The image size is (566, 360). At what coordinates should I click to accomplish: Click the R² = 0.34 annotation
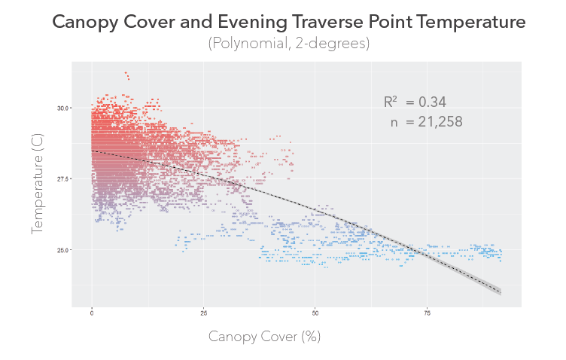(x=415, y=102)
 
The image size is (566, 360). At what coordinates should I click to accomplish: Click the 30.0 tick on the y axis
(x=63, y=108)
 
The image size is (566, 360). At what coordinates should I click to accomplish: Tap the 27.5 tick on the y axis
(x=63, y=178)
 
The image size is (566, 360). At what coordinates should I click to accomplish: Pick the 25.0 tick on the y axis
(x=63, y=249)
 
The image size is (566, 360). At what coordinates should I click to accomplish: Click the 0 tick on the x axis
(x=92, y=312)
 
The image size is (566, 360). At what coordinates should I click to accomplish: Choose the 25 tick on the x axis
(x=204, y=312)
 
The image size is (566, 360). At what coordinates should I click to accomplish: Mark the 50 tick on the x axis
(x=315, y=312)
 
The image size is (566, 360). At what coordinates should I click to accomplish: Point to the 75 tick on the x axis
(x=428, y=312)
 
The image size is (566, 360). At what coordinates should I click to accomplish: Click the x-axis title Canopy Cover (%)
(x=264, y=337)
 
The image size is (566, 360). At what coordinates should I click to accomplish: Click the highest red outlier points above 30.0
(x=126, y=75)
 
